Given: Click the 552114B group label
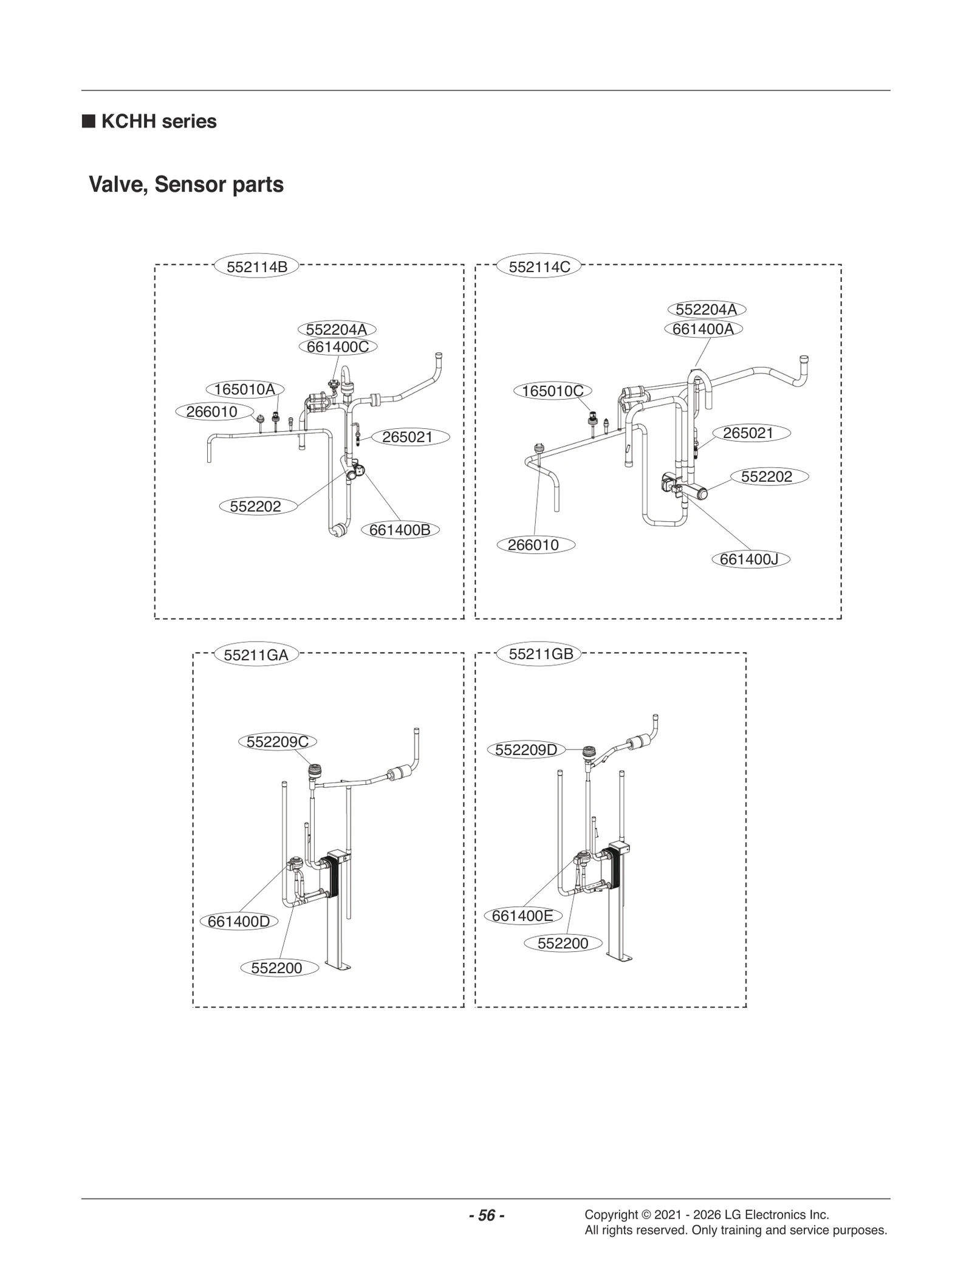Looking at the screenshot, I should pos(256,267).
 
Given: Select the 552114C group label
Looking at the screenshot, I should pos(539,267).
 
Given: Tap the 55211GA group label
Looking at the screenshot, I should pos(256,655).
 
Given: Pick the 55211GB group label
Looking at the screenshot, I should pos(540,654).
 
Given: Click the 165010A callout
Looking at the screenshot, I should pos(245,389).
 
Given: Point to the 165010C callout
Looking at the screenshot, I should pos(552,391).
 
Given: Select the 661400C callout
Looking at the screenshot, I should pos(338,347).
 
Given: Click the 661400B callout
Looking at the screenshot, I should pos(400,530).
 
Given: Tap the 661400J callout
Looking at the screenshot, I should pos(750,559).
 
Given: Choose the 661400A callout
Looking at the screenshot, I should pos(703,329).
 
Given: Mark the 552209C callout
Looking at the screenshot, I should pos(278,742).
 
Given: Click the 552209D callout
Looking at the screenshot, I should pos(525,750).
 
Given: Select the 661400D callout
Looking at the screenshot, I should pos(239,922).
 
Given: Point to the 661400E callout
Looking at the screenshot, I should pos(522,915).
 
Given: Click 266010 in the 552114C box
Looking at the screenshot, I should pos(533,545).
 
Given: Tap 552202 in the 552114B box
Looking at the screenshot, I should pos(255,507).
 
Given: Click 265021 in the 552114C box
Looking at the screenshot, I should pos(748,433).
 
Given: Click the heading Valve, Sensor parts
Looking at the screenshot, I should pos(186,185).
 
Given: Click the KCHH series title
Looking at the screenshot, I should pos(158,121).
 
